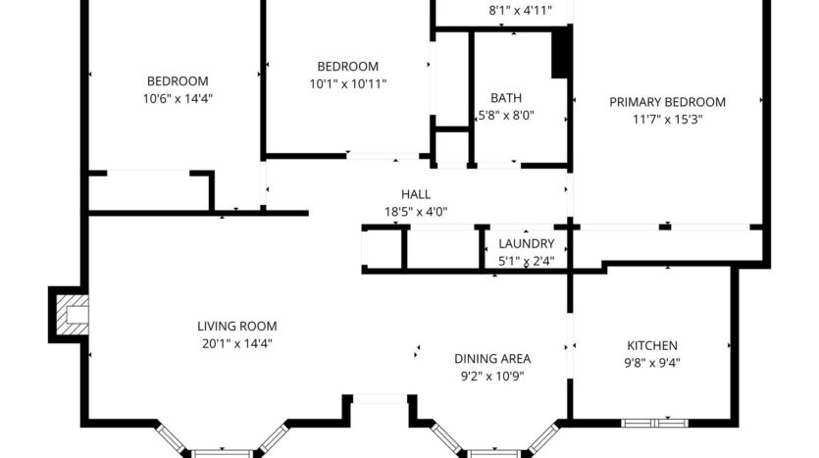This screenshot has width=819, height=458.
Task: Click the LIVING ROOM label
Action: point(237,327)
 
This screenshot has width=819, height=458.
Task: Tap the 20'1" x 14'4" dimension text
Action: point(237,343)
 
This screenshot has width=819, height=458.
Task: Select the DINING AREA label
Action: point(491,358)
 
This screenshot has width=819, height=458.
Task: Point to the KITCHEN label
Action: point(652,345)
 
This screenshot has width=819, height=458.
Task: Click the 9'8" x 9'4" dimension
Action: point(652,362)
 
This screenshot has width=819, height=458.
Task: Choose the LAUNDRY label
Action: point(527,244)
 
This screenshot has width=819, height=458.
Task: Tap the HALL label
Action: point(416,194)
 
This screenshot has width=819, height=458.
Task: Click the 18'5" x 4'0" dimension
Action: point(416,211)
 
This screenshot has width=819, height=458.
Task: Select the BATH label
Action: point(506,98)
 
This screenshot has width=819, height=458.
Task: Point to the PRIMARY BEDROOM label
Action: point(667,102)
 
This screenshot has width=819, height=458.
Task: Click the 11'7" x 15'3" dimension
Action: point(667,119)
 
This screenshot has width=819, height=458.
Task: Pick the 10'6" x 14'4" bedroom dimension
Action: point(178,98)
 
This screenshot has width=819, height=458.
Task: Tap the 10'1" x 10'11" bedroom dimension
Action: point(348,83)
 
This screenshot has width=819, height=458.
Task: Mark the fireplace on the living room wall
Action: point(70,315)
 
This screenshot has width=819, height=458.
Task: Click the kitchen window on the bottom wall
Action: point(655,424)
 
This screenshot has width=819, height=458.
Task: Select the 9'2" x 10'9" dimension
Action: point(491,375)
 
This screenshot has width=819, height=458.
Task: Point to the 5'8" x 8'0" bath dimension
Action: point(506,116)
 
